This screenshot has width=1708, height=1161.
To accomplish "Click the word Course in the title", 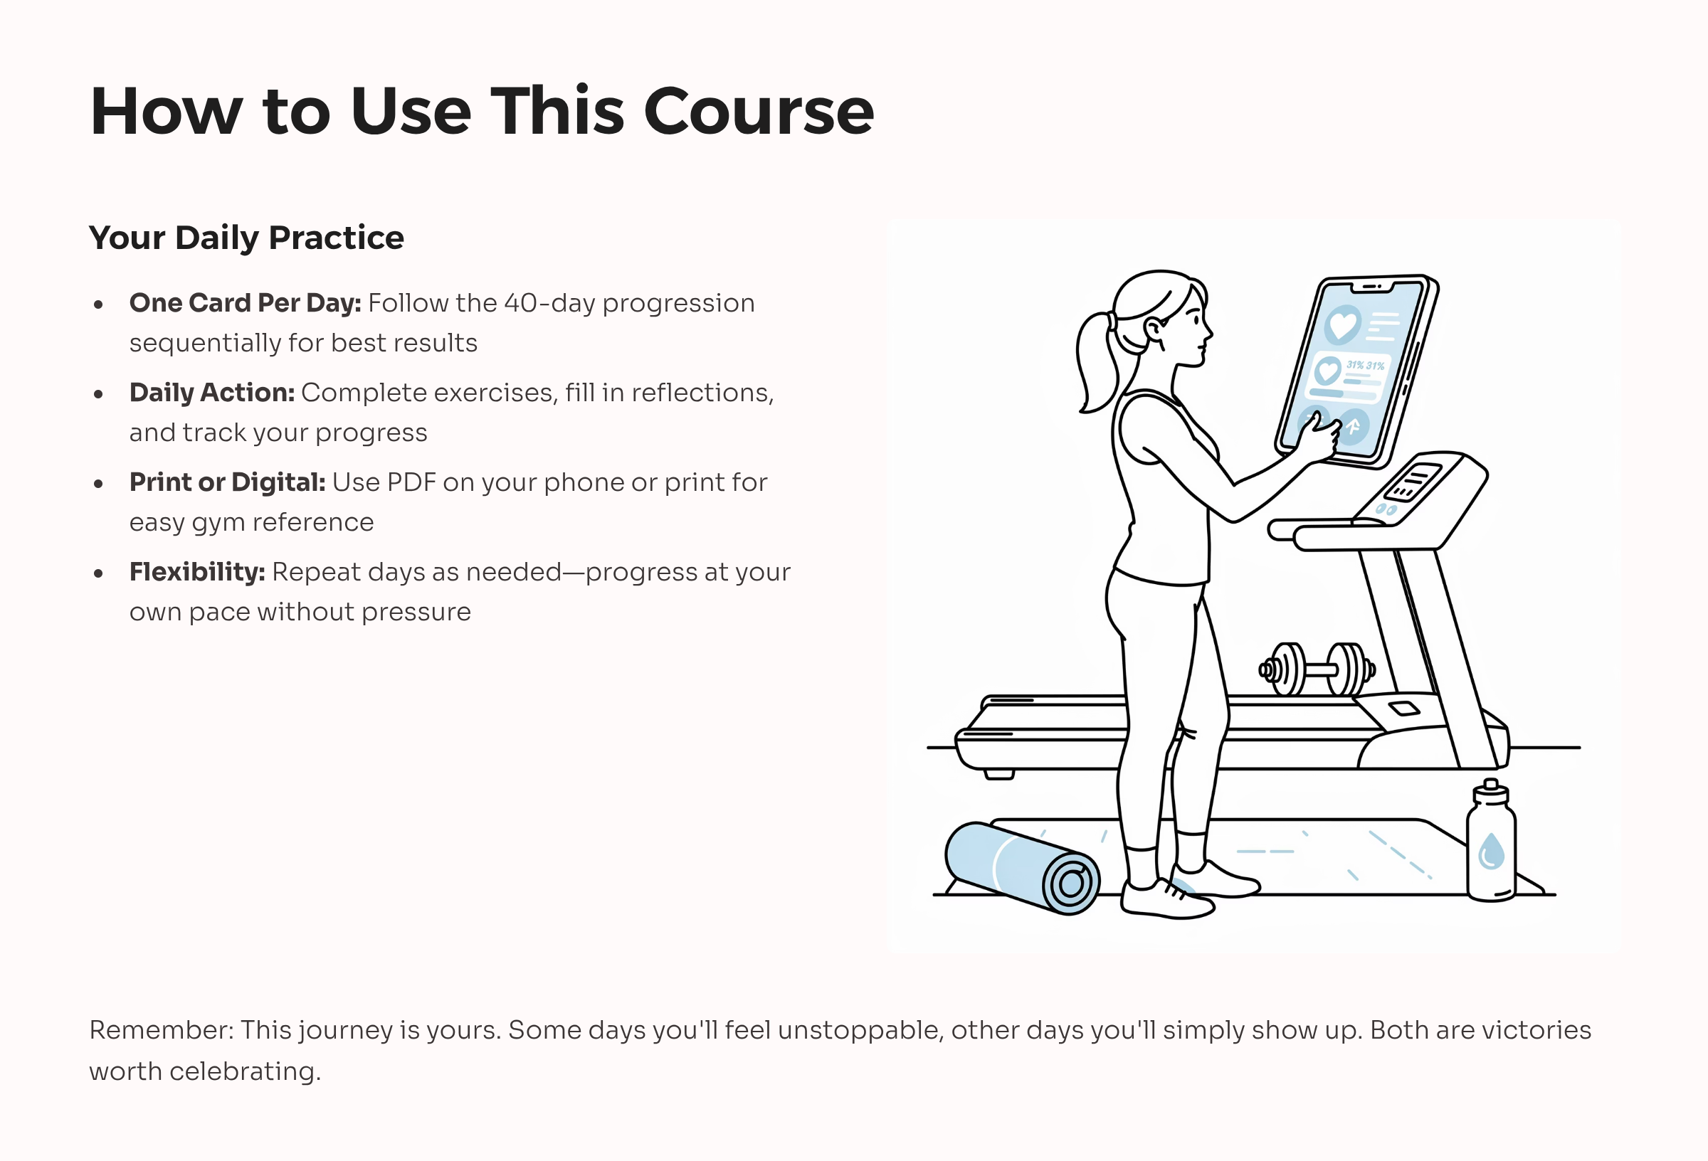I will (x=759, y=112).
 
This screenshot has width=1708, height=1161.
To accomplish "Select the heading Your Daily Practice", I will (x=246, y=238).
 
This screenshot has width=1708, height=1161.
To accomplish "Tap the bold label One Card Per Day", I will (x=245, y=303).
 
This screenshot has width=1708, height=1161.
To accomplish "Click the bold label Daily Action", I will (x=211, y=393).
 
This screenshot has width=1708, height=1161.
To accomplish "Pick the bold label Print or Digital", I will (x=227, y=482).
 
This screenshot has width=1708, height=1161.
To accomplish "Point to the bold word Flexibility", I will (x=197, y=572).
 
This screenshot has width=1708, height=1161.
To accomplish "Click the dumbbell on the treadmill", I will (x=1317, y=669).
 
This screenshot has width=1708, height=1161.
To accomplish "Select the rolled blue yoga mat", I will (x=1021, y=867).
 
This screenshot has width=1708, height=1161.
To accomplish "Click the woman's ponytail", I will (x=1097, y=360).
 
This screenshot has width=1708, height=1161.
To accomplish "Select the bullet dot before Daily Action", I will (x=98, y=395).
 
